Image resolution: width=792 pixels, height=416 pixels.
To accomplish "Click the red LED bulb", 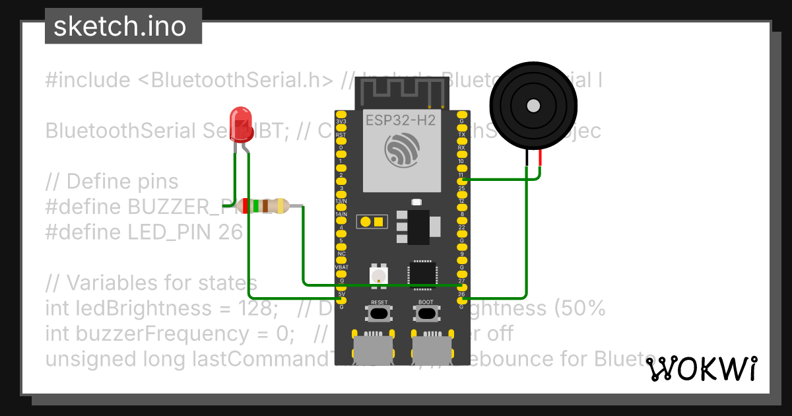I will pyautogui.click(x=240, y=124).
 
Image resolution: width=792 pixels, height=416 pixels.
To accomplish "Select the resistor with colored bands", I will pyautogui.click(x=265, y=205).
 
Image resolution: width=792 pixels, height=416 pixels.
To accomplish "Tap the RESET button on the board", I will pyautogui.click(x=379, y=312).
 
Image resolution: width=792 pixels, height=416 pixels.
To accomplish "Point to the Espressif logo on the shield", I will pyautogui.click(x=401, y=150).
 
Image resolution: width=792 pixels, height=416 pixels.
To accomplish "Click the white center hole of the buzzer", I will pyautogui.click(x=533, y=105).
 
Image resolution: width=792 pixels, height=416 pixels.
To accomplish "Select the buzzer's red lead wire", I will pyautogui.click(x=540, y=158).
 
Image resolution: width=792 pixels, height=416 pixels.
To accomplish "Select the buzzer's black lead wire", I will pyautogui.click(x=527, y=158).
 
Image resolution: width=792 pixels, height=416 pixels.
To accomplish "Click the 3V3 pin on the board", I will pyautogui.click(x=341, y=115).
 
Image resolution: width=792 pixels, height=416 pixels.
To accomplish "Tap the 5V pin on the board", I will pyautogui.click(x=341, y=300).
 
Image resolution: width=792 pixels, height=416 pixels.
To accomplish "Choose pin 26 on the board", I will pyautogui.click(x=461, y=300).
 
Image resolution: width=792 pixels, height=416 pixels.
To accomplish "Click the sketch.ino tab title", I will pyautogui.click(x=119, y=26).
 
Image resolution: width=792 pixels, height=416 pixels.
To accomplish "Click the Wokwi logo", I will pyautogui.click(x=701, y=368).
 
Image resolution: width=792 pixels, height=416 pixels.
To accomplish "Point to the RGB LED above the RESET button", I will pyautogui.click(x=379, y=274).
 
